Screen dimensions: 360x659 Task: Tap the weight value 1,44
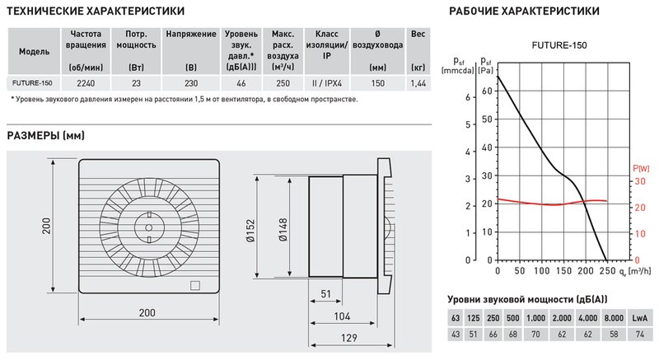(x=418, y=82)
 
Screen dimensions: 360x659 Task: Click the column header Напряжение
(x=186, y=35)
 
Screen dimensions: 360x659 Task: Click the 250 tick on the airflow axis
(x=606, y=270)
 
